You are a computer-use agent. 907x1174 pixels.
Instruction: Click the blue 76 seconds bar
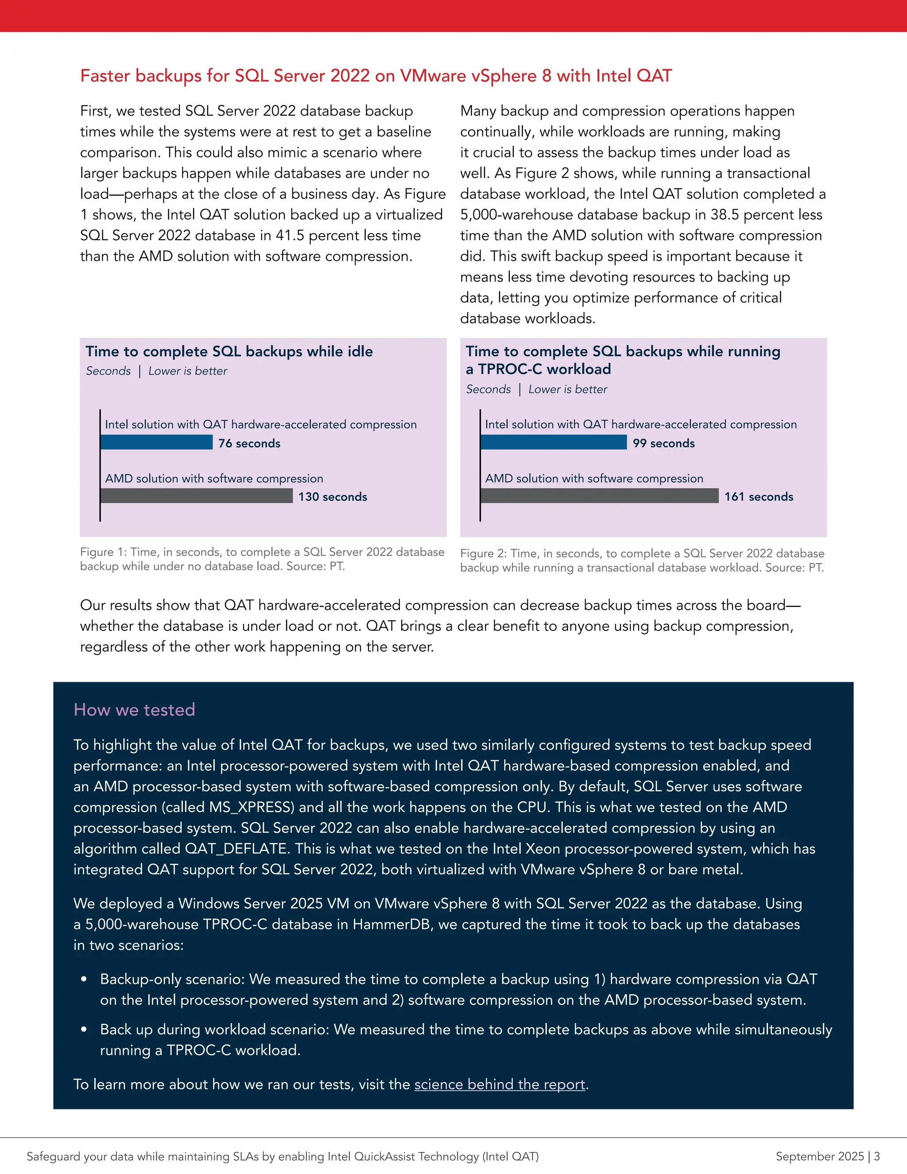click(156, 443)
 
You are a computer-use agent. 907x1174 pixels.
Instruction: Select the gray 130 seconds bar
click(197, 496)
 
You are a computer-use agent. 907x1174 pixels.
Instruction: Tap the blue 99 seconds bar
click(554, 443)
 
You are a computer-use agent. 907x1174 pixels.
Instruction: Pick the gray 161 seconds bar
click(599, 496)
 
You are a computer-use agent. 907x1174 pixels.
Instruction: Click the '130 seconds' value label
click(333, 497)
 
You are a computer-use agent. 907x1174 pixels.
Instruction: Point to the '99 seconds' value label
click(663, 443)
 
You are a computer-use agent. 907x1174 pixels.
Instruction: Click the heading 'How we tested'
click(134, 710)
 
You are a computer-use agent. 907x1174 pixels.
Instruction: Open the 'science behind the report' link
click(499, 1084)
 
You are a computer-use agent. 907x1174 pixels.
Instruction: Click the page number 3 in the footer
click(877, 1156)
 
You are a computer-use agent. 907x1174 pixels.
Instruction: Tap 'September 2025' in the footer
click(819, 1156)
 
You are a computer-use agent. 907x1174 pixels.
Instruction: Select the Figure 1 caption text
click(262, 559)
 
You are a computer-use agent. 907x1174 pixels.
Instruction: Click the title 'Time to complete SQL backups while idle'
click(229, 352)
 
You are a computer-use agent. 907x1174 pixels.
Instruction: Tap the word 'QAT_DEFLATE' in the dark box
click(236, 849)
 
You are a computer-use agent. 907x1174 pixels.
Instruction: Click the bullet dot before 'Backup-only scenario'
click(84, 980)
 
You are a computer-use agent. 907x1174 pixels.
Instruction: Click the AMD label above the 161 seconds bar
click(594, 478)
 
